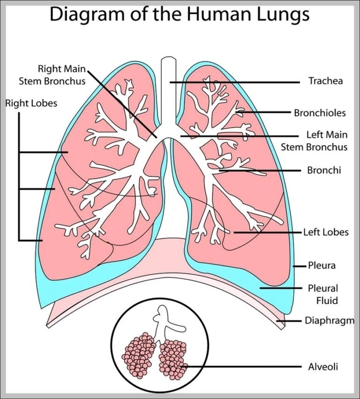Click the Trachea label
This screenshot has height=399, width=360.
(325, 81)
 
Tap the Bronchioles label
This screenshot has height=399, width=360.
(320, 113)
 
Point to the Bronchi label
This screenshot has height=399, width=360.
(324, 170)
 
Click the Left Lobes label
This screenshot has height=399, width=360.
(326, 232)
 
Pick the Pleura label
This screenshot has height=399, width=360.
(322, 266)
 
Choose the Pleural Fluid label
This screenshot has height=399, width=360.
(322, 294)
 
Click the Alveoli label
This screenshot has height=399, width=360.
(323, 367)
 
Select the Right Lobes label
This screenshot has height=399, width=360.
(31, 103)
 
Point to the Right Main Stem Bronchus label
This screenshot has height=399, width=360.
(52, 75)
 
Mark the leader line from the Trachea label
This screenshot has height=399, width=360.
(234, 82)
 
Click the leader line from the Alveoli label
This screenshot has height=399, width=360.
(244, 367)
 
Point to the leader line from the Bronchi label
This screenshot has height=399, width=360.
(260, 171)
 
